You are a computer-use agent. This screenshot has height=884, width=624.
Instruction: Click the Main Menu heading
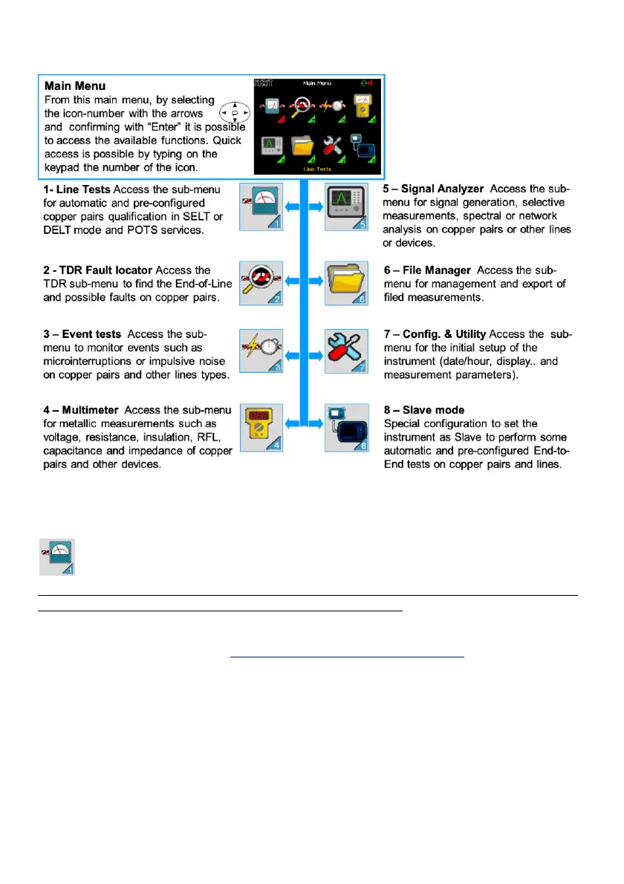coord(75,85)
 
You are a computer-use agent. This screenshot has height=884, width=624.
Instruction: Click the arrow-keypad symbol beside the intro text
coord(234,113)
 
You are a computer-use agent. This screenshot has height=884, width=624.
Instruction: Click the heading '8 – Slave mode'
coord(424,410)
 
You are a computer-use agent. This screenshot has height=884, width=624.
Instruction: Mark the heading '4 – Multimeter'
coord(82,410)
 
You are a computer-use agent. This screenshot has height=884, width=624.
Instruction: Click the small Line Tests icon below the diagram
coord(58,557)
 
